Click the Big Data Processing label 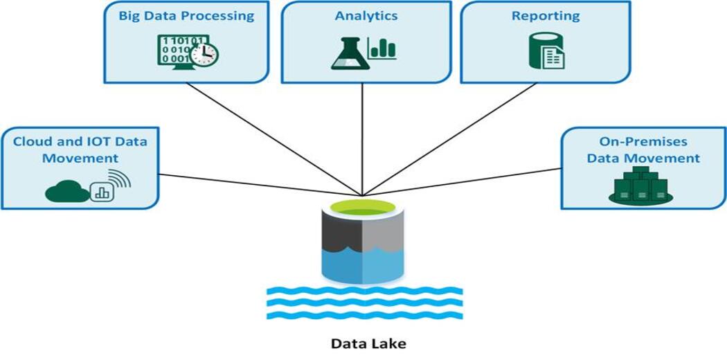(186, 15)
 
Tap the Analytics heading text (366, 15)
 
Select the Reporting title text (546, 15)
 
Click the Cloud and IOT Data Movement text (80, 150)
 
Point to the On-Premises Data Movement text (643, 150)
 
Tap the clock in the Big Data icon (205, 53)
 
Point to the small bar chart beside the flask (382, 50)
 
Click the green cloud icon (67, 191)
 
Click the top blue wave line (364, 291)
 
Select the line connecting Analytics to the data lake (363, 138)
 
